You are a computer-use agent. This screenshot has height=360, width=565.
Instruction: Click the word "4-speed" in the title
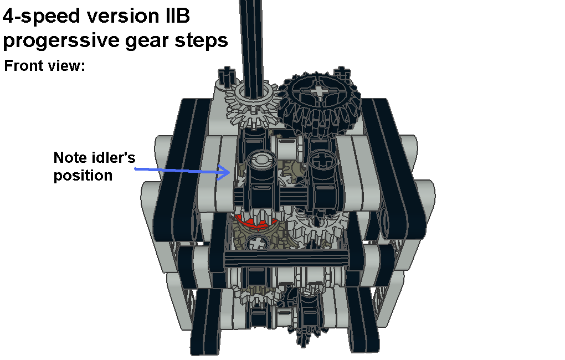point(41,16)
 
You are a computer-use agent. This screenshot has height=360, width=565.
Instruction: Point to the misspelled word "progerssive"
point(61,40)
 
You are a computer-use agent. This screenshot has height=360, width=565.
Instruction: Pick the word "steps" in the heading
point(201,40)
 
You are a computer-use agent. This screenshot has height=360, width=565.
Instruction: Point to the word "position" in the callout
point(83,176)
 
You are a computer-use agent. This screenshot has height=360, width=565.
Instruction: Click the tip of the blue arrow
point(230,172)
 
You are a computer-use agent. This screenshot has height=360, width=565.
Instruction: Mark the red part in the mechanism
point(256,222)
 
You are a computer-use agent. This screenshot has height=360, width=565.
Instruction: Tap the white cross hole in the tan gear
point(257,243)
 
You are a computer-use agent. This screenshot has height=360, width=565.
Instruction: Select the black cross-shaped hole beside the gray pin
point(321,160)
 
